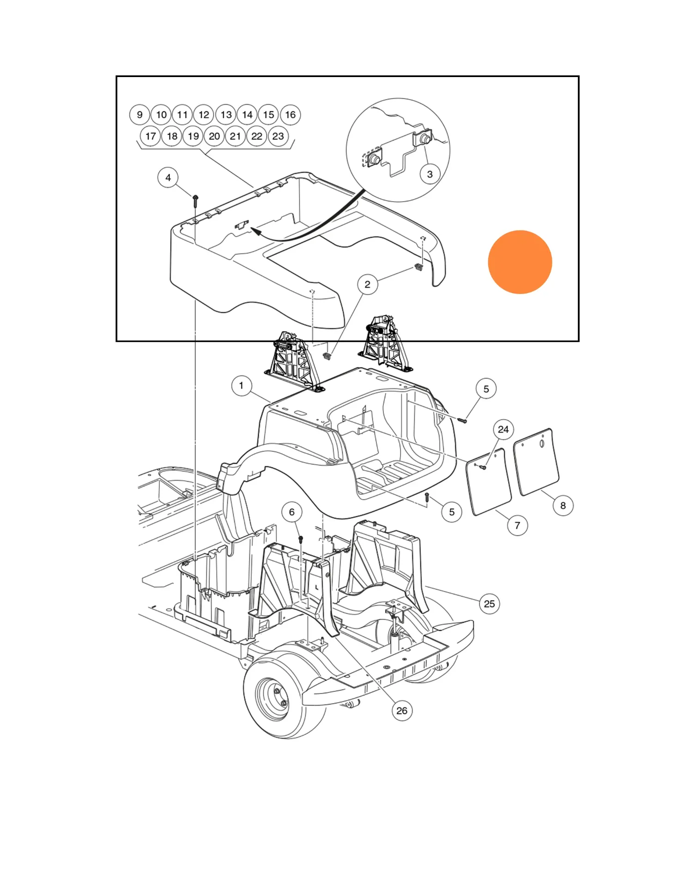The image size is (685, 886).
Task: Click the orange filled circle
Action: click(x=520, y=262)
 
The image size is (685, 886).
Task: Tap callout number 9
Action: click(x=139, y=115)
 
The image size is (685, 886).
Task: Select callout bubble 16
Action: click(x=290, y=115)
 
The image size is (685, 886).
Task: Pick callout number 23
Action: click(x=278, y=136)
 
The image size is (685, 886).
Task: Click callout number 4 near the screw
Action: click(x=168, y=178)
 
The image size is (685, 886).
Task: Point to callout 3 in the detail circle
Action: click(x=430, y=174)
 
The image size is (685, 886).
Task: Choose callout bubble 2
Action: click(x=367, y=284)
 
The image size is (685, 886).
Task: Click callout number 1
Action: click(x=241, y=385)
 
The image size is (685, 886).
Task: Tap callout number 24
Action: click(x=503, y=430)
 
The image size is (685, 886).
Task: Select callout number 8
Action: click(x=563, y=505)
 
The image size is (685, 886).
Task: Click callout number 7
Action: click(x=517, y=525)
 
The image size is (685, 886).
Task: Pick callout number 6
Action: click(x=291, y=512)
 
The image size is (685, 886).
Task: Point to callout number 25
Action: click(x=489, y=604)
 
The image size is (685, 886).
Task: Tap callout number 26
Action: click(x=402, y=711)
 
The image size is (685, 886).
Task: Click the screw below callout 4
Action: click(x=195, y=200)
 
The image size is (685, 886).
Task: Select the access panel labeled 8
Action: click(x=537, y=461)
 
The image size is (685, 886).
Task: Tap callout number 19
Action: click(x=193, y=136)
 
